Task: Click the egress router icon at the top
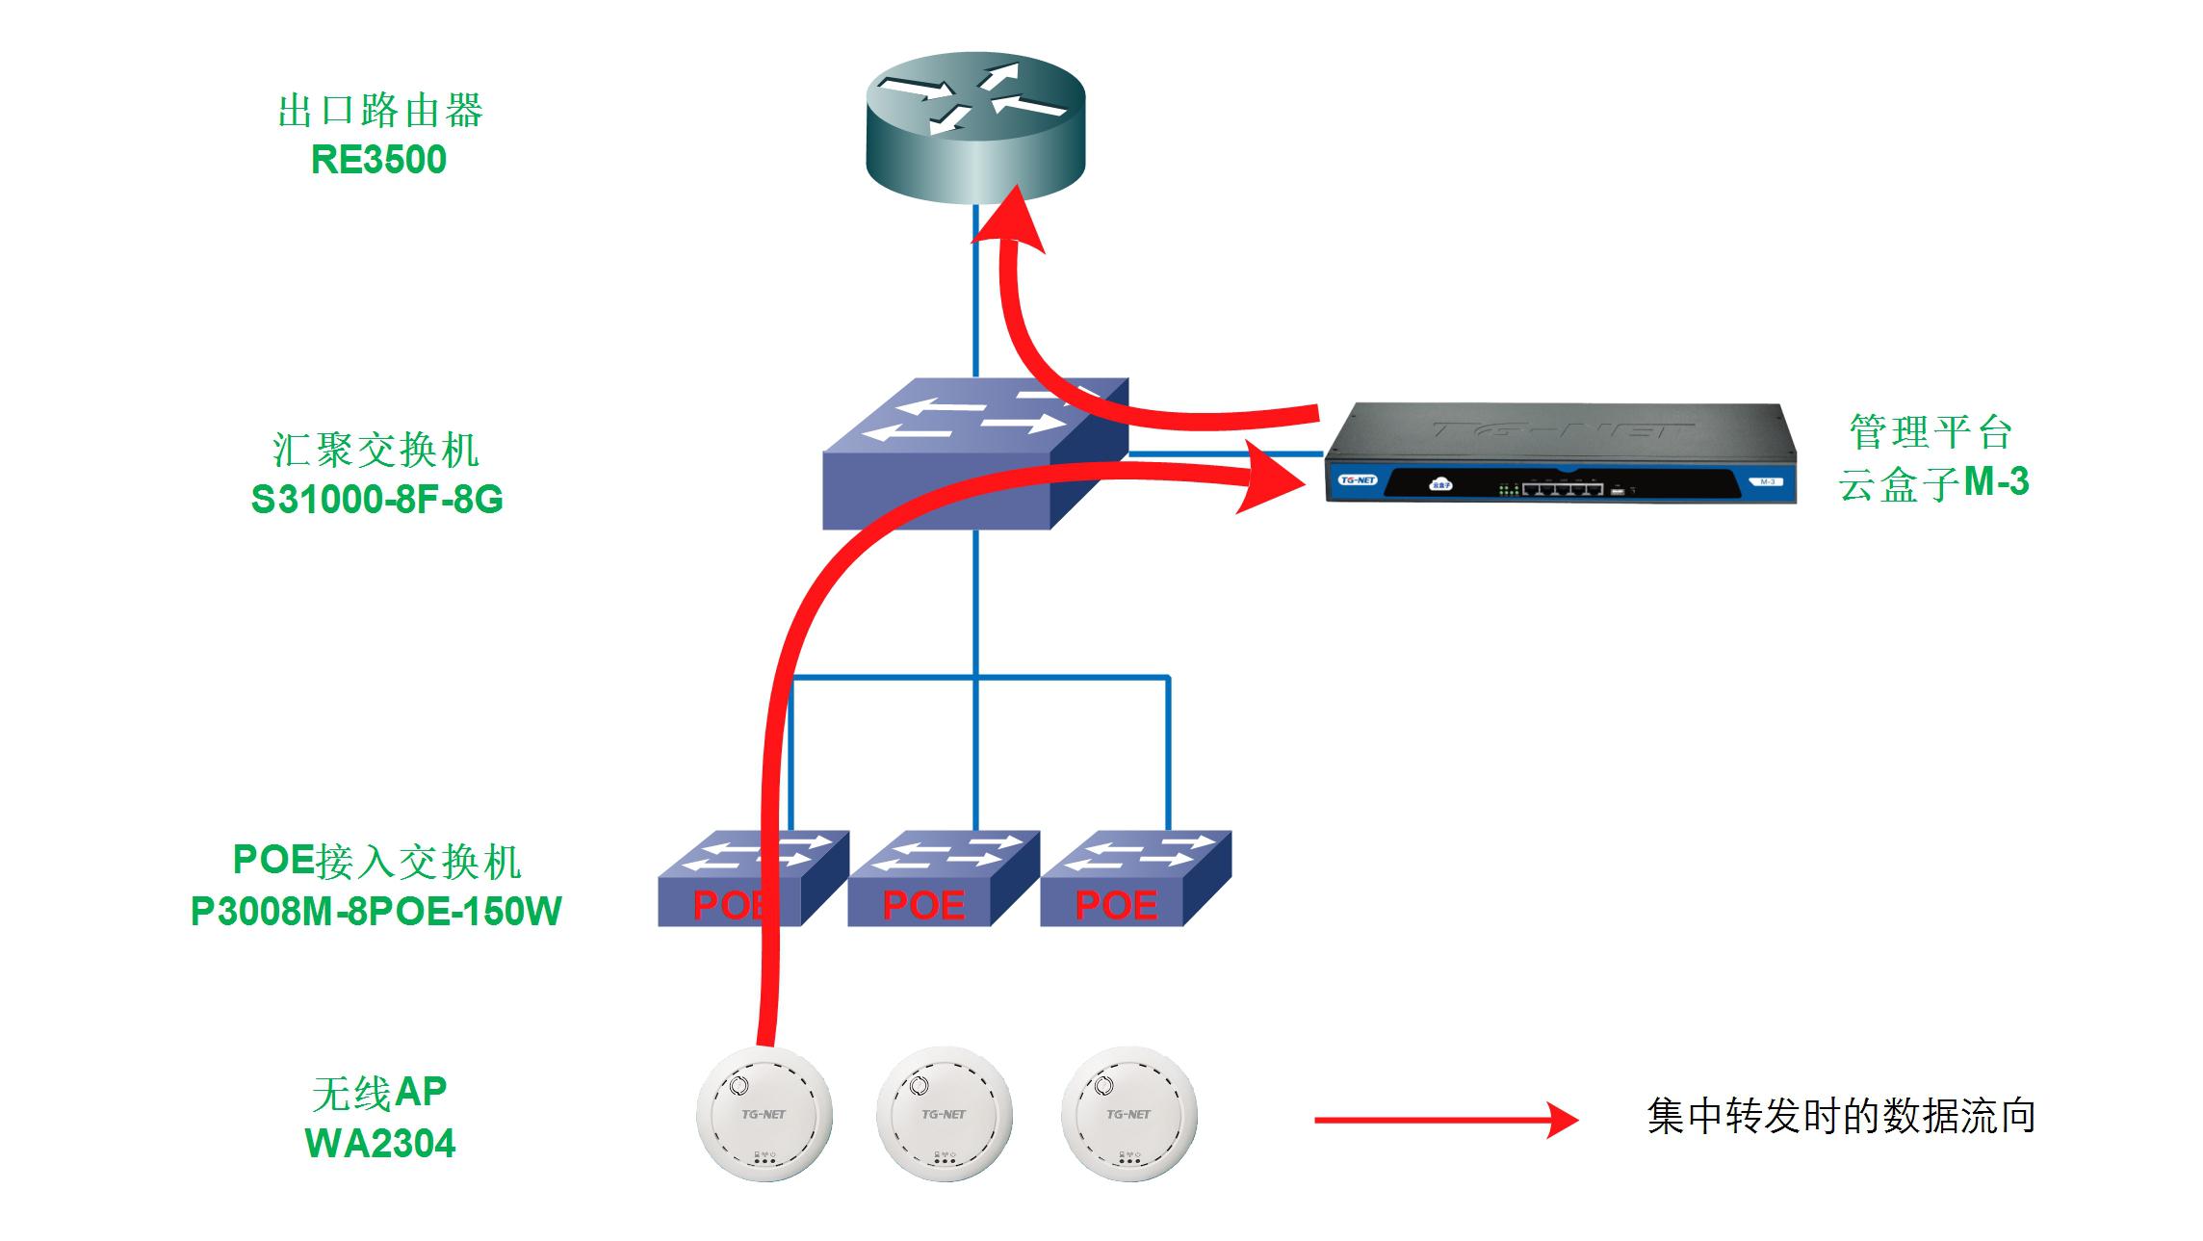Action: tap(975, 127)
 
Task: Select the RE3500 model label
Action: tap(378, 160)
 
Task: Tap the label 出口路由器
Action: tap(380, 111)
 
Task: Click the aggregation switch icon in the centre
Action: tap(974, 452)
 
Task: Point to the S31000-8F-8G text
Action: tap(376, 500)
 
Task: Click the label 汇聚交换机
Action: tap(376, 450)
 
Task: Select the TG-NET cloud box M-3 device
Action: tap(1560, 453)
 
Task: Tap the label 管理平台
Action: tap(1931, 431)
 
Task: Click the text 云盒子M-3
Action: tap(1933, 482)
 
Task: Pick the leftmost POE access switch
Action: tap(752, 878)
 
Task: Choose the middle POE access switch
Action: tap(944, 878)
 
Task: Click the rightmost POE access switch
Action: tap(1136, 878)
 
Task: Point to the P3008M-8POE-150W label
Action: tap(376, 911)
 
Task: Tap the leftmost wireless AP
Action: tap(765, 1114)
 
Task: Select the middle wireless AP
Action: tap(945, 1114)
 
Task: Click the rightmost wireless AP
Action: tap(1128, 1114)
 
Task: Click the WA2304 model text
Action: tap(380, 1144)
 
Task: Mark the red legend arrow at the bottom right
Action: tap(1444, 1120)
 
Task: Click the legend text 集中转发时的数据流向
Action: tap(1841, 1117)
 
